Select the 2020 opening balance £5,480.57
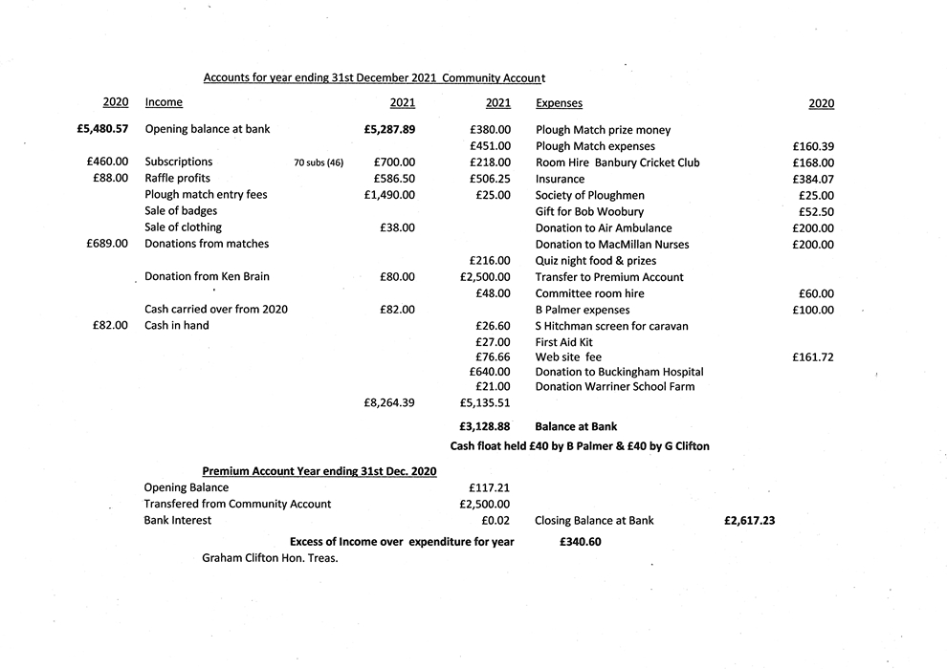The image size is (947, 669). [x=102, y=129]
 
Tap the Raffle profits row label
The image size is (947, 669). [x=177, y=179]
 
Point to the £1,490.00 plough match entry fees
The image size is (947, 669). [x=389, y=195]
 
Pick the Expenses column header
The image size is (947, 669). [x=559, y=103]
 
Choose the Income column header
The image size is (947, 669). [x=164, y=102]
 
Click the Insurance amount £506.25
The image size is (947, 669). [x=491, y=179]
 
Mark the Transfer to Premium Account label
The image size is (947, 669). [x=609, y=277]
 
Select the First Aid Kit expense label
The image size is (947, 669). [x=564, y=342]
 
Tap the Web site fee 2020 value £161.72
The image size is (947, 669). [x=813, y=357]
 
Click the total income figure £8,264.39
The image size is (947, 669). [x=389, y=403]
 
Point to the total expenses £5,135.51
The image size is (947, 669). [x=485, y=403]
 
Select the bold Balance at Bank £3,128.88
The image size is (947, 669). [x=485, y=427]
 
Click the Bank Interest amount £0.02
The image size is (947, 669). [x=496, y=521]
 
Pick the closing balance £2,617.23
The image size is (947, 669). [x=749, y=521]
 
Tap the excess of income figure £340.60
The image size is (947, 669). [x=580, y=542]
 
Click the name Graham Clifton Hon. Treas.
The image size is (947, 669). [x=270, y=558]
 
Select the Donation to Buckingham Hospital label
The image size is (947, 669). [x=619, y=372]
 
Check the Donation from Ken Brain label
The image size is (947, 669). [x=207, y=277]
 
